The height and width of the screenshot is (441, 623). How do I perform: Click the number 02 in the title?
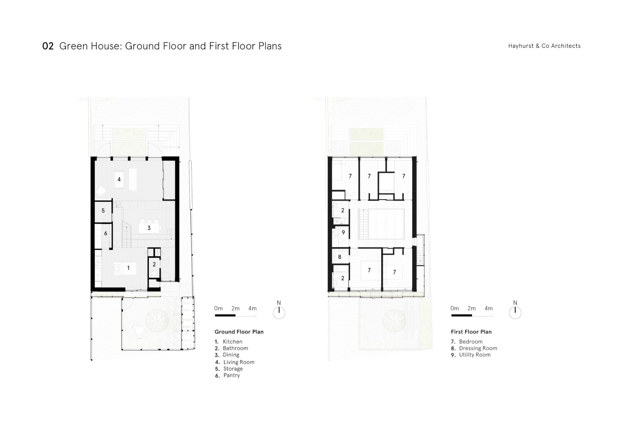pos(48,46)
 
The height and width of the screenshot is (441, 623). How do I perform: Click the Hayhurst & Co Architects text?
pos(544,46)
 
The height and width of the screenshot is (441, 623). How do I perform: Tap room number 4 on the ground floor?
pos(119,179)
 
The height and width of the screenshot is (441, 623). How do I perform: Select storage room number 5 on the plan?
pos(103,211)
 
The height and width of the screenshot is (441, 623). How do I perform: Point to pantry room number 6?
pos(106,233)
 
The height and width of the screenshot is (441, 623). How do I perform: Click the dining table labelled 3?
pos(149,228)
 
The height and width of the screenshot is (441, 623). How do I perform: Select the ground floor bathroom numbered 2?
pos(154,264)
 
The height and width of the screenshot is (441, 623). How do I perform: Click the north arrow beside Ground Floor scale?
pos(279,312)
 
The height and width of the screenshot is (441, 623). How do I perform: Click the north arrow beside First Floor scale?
pos(515,312)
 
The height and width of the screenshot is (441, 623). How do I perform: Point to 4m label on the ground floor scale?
pos(252,308)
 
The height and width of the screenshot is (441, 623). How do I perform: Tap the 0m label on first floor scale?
pos(454,308)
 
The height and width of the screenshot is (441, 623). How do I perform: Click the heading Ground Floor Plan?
pos(239,332)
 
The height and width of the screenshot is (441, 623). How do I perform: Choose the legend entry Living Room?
pos(239,362)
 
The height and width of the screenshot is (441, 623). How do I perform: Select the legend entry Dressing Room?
pos(478,348)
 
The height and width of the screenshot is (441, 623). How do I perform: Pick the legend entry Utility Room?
pos(474,355)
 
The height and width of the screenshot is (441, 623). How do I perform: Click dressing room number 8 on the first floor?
pos(340,257)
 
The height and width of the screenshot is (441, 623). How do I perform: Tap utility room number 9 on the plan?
pos(343,233)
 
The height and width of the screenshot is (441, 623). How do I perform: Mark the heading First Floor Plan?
pos(471,332)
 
